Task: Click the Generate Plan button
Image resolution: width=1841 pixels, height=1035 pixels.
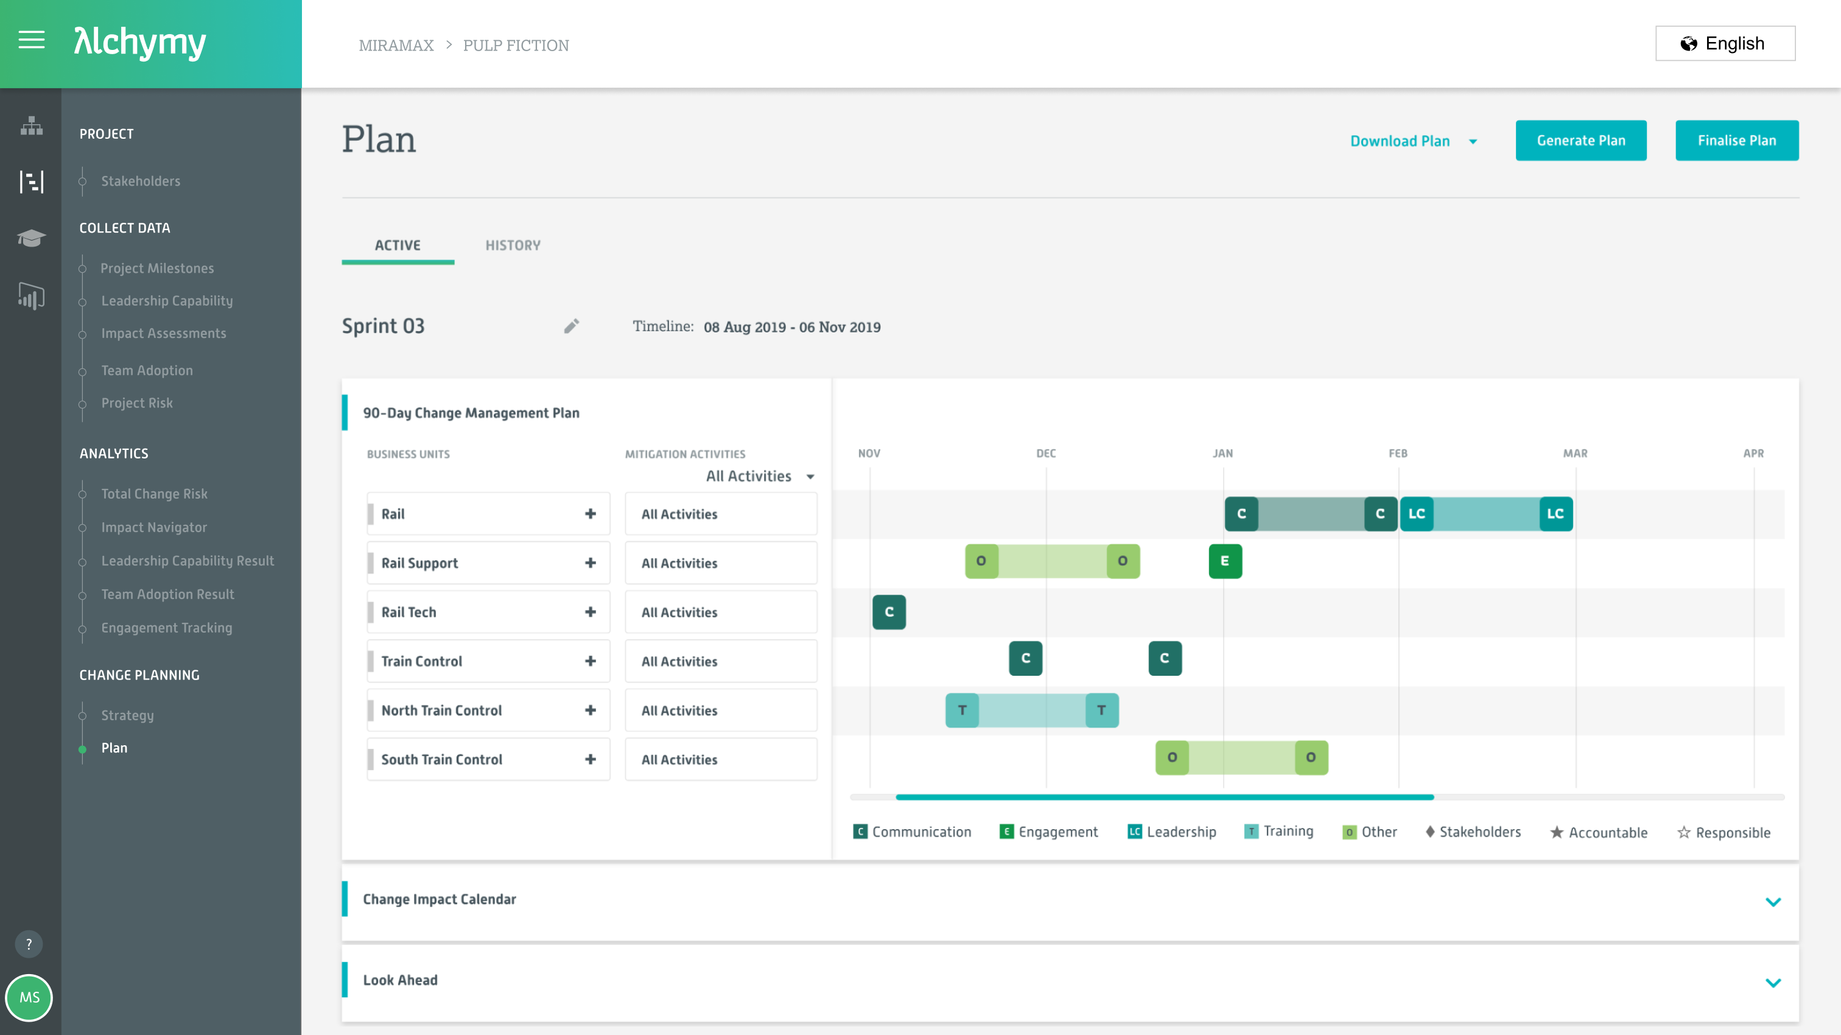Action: pyautogui.click(x=1580, y=140)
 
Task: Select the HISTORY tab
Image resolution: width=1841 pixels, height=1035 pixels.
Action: pyautogui.click(x=513, y=245)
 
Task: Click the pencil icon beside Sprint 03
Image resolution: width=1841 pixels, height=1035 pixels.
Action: pyautogui.click(x=571, y=327)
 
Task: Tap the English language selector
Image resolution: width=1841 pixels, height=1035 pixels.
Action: pyautogui.click(x=1725, y=44)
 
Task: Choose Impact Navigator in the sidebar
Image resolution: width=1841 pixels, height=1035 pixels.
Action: pyautogui.click(x=153, y=527)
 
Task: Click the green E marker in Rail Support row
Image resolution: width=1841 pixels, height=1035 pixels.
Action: pyautogui.click(x=1225, y=561)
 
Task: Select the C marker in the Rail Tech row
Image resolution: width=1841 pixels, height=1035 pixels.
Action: pyautogui.click(x=889, y=612)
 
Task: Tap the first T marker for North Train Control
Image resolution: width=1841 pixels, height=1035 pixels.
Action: pyautogui.click(x=962, y=710)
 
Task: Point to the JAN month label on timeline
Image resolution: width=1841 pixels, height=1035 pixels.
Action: pyautogui.click(x=1222, y=453)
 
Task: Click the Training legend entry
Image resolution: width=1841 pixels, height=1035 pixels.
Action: pyautogui.click(x=1279, y=831)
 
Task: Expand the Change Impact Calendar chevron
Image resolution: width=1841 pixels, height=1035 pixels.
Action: pyautogui.click(x=1772, y=901)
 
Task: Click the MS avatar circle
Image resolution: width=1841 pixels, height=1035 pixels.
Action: pyautogui.click(x=29, y=997)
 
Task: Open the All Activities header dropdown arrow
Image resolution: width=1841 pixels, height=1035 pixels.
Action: pyautogui.click(x=810, y=477)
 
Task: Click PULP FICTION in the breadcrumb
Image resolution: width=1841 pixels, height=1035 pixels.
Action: pyautogui.click(x=515, y=45)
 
